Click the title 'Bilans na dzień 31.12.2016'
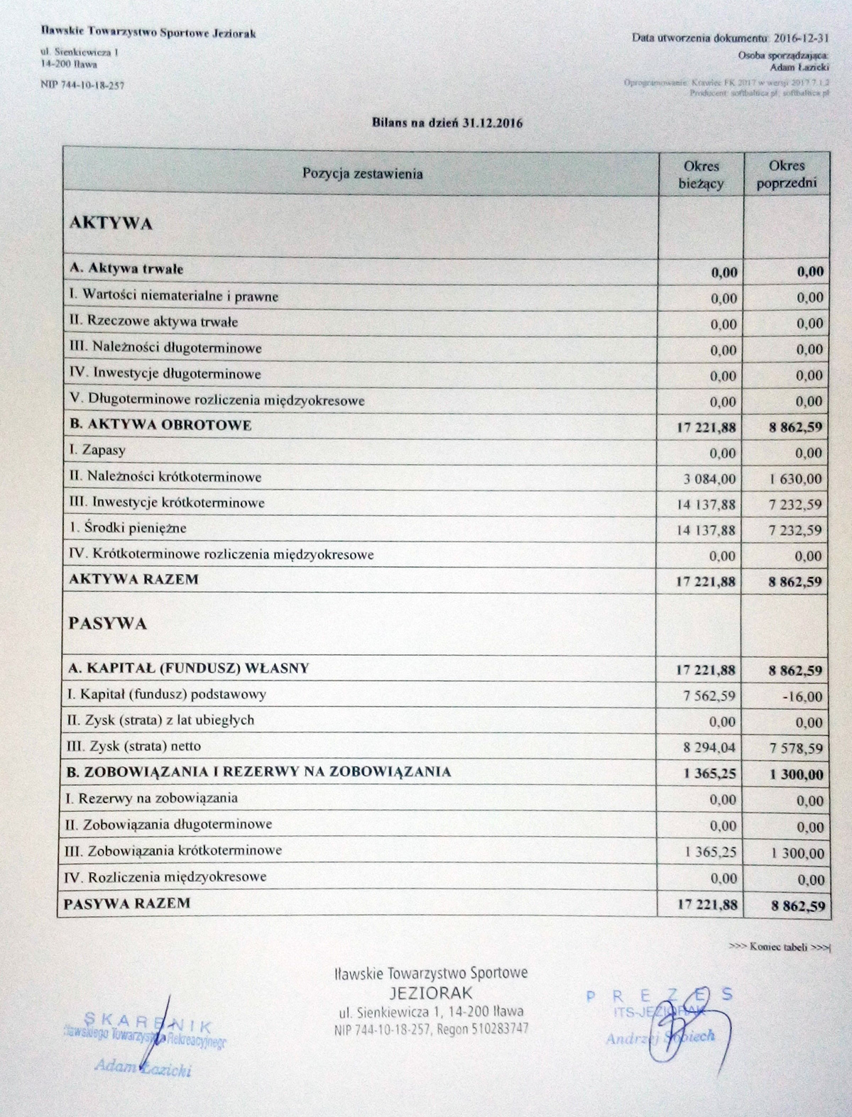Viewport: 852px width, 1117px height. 447,123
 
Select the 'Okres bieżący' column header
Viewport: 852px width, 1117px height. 701,175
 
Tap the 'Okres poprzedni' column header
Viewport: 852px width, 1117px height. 786,175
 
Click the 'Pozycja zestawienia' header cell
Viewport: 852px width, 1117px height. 362,173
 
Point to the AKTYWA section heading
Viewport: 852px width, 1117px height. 111,224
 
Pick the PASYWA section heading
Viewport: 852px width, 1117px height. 108,624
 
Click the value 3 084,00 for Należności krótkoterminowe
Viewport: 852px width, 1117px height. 710,479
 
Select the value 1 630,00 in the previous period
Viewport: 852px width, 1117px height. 796,479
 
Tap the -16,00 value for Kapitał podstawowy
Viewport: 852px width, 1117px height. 803,697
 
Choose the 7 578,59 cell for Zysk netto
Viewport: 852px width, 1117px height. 796,749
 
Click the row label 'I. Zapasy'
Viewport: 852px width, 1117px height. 97,451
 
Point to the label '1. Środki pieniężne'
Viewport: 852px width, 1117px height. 128,529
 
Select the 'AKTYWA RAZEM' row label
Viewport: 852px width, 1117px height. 133,579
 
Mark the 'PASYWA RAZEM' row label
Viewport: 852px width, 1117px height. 127,903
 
